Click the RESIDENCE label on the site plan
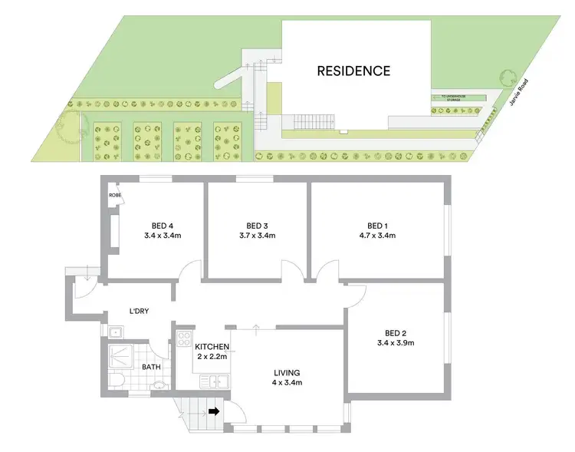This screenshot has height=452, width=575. (x=354, y=71)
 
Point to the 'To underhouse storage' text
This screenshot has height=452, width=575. (x=458, y=97)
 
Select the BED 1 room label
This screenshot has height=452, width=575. (x=376, y=225)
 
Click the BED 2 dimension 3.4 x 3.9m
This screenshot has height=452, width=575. (x=396, y=342)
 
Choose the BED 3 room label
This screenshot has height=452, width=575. (x=257, y=225)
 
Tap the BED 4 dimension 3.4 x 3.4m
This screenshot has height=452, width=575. (x=161, y=235)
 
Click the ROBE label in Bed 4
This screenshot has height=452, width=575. (x=115, y=195)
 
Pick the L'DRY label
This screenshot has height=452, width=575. (x=139, y=311)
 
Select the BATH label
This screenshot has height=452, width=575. (x=151, y=367)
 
